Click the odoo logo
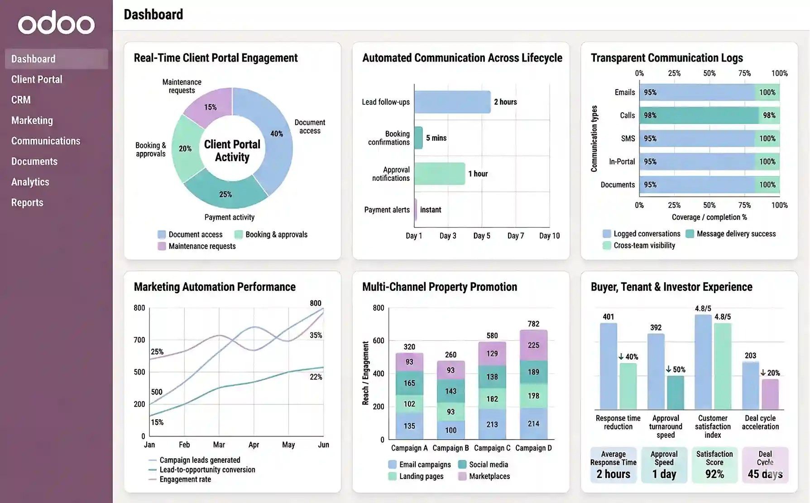pos(56,23)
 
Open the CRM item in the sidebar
pos(21,100)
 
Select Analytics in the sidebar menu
pos(30,182)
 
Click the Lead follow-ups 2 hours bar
pos(452,102)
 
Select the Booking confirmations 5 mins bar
pos(418,138)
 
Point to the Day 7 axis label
pos(515,236)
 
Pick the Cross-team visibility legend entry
pos(644,246)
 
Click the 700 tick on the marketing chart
pos(139,340)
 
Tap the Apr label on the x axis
pos(254,445)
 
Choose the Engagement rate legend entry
pos(185,479)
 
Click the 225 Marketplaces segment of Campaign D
pos(533,345)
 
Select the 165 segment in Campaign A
pos(409,383)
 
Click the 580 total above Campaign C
pos(492,336)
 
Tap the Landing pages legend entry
pos(421,476)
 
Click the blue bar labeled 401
pos(608,366)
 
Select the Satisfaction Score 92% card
pos(714,465)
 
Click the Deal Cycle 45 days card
pos(765,465)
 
